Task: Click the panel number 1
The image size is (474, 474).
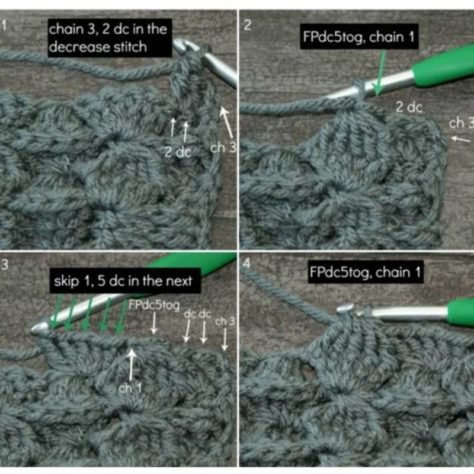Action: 4,25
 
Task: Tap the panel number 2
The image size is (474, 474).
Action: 248,25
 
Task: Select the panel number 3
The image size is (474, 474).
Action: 5,264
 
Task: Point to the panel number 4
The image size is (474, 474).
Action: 247,263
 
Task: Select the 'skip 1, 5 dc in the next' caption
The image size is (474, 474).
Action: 123,281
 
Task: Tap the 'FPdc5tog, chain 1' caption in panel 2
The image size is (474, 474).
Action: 358,37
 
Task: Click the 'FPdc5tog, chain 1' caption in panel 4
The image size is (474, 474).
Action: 365,273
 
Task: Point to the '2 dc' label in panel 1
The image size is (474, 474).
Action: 178,152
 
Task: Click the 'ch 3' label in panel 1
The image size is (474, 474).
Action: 223,148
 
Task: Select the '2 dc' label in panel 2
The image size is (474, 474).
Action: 409,107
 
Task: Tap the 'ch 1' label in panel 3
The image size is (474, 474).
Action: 130,388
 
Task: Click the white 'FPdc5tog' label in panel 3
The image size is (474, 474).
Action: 154,305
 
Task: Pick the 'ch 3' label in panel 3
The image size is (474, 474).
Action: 225,321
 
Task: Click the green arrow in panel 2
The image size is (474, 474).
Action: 379,72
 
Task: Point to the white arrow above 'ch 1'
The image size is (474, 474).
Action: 131,364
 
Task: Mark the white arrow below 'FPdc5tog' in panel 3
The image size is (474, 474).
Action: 154,323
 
